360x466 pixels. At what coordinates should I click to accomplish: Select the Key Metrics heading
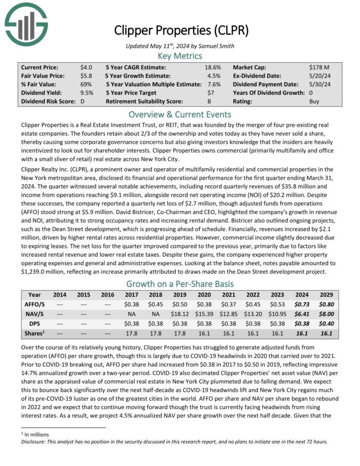180,56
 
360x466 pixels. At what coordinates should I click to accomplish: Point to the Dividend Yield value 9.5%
87,93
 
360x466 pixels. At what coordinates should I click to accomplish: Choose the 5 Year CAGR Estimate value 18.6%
212,67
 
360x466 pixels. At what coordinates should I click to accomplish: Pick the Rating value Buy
314,101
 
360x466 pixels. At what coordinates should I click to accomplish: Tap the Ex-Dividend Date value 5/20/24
318,76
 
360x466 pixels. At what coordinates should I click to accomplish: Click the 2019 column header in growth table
179,295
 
